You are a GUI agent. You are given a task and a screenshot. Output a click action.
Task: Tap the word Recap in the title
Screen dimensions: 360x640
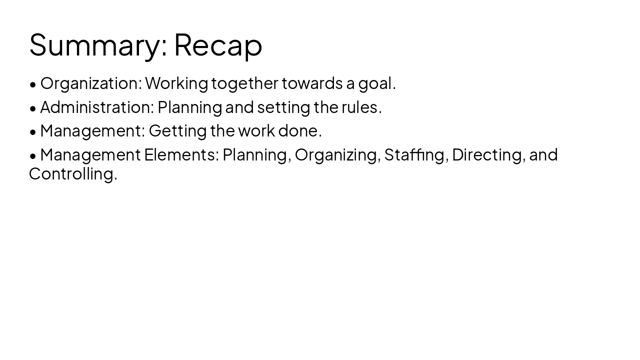(218, 45)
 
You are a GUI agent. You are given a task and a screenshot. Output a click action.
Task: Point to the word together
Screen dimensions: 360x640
(244, 83)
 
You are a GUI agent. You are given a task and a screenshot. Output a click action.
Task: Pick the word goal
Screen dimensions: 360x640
(376, 83)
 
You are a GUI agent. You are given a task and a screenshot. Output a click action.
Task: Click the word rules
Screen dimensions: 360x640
(361, 107)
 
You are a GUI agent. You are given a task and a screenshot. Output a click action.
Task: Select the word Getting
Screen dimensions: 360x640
(177, 131)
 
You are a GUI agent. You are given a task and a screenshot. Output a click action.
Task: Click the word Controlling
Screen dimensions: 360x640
(73, 174)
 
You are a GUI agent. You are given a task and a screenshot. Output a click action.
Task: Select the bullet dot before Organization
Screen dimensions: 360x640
(33, 84)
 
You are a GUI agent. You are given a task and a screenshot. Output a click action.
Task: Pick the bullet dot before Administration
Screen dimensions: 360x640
(33, 108)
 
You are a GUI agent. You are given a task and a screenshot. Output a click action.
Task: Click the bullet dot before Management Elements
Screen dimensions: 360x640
(33, 156)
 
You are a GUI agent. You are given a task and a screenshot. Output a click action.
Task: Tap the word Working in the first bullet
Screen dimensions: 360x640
(176, 83)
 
